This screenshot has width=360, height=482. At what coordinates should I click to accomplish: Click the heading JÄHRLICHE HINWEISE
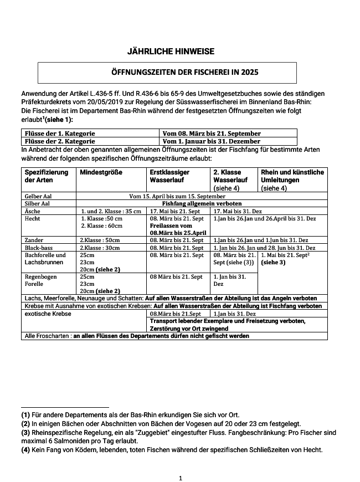[x=171, y=52]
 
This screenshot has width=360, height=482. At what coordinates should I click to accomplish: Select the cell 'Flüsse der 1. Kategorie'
[x=60, y=134]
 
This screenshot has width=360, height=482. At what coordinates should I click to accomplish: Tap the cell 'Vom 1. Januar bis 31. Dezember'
[x=212, y=141]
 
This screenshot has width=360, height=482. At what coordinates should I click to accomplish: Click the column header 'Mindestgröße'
[x=101, y=172]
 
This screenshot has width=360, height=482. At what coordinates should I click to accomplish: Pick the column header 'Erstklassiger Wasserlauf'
[x=169, y=176]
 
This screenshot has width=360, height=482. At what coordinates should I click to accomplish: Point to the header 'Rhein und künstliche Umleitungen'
[x=292, y=176]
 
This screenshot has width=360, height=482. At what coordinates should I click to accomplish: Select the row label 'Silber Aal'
[x=38, y=204]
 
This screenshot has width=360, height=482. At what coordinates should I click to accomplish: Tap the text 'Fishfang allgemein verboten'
[x=200, y=204]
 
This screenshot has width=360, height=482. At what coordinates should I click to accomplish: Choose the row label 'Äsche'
[x=33, y=211]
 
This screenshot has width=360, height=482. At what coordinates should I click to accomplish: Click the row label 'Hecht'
[x=33, y=219]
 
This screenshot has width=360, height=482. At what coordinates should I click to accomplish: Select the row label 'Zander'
[x=34, y=240]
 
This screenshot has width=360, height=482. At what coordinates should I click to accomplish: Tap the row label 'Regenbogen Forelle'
[x=38, y=280]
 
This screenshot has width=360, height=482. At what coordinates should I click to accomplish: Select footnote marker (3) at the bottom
[x=25, y=432]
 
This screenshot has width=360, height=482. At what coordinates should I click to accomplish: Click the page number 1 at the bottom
[x=181, y=477]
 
